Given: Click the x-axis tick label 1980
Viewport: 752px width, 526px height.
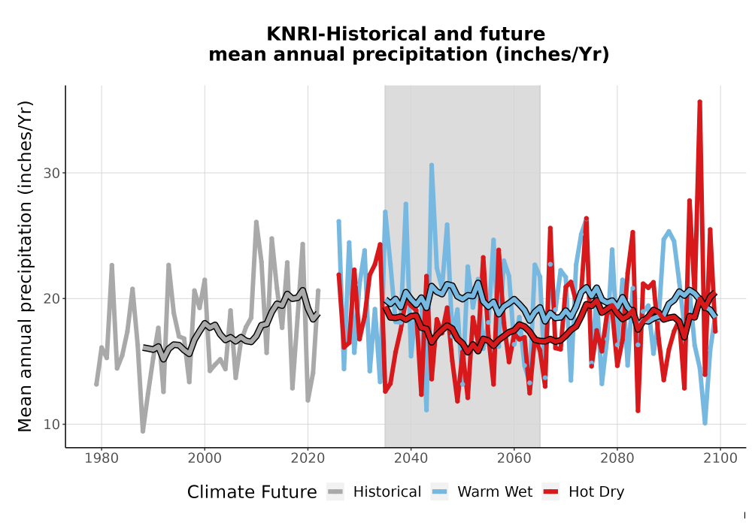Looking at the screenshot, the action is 102,458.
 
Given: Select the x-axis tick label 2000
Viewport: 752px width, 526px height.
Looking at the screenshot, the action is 205,458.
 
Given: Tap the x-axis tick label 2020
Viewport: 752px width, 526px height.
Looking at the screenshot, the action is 308,458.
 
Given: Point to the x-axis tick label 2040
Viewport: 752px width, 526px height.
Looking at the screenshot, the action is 411,458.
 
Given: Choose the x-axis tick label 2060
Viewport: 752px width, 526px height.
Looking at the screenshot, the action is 514,458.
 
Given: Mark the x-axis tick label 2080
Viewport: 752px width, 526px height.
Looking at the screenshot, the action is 617,458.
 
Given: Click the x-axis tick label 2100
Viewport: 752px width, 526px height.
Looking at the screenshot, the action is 720,458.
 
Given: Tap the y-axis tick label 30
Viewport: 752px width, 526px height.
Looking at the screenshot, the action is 52,173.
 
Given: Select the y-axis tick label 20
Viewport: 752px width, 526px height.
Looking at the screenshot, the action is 52,298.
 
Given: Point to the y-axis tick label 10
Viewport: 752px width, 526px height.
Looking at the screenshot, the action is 52,425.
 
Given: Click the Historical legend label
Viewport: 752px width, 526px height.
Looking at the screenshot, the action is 387,492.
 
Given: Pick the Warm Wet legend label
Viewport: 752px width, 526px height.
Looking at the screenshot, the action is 495,492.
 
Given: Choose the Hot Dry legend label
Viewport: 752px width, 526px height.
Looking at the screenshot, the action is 596,492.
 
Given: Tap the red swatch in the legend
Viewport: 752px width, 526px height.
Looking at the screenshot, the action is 551,492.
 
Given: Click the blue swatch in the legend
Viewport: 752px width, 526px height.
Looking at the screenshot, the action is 439,492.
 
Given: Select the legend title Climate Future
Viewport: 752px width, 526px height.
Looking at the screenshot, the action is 252,492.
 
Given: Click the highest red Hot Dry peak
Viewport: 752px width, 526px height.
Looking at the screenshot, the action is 699,102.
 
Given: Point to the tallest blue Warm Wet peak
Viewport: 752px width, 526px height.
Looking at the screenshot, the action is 432,165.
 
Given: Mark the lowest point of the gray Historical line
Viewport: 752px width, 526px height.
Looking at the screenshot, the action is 142,431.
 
